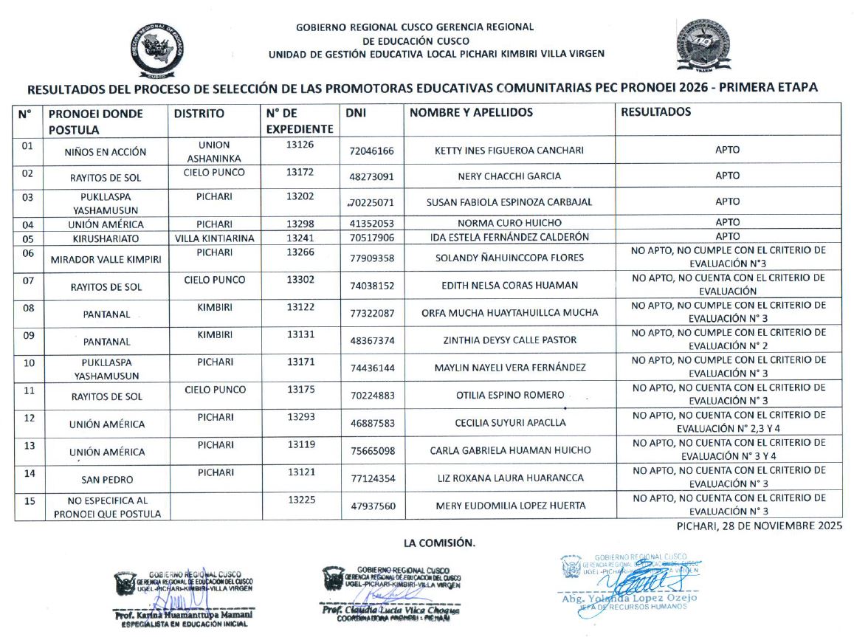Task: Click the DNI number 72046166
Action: click(x=372, y=151)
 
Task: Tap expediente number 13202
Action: click(x=300, y=198)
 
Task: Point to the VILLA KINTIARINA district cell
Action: click(x=215, y=237)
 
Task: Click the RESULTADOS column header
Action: click(x=656, y=112)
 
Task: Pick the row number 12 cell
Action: click(x=29, y=418)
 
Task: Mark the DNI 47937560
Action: click(x=372, y=506)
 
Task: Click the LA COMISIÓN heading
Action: click(x=439, y=543)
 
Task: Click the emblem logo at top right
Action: click(x=703, y=47)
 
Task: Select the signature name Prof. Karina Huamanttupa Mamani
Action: click(x=182, y=614)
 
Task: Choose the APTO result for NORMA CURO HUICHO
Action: click(x=727, y=222)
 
